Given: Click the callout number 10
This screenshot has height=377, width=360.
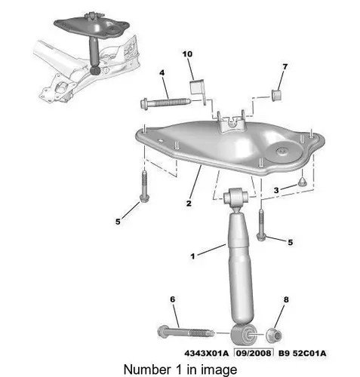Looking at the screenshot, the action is [x=187, y=54].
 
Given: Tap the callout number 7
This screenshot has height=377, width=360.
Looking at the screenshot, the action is [x=285, y=67].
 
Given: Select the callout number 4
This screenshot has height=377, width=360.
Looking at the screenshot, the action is [x=162, y=73].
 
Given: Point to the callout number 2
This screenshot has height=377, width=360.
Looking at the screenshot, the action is [x=189, y=204].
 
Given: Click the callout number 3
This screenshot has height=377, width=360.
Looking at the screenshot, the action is [x=276, y=190].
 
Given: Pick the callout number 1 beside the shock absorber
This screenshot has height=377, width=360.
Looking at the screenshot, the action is [x=192, y=256].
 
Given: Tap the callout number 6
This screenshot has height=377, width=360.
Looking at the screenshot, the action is [x=173, y=299].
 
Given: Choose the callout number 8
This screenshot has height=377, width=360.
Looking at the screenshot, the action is [x=286, y=299].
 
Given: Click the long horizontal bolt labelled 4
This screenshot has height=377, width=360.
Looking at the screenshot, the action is [x=165, y=103].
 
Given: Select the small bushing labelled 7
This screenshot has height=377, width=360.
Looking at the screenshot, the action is [x=277, y=94].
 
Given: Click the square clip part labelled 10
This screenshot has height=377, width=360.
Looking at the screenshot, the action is [x=198, y=90].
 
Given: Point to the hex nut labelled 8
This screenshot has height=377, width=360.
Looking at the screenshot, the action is [x=274, y=336].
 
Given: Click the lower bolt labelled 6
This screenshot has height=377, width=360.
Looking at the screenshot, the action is [x=186, y=333].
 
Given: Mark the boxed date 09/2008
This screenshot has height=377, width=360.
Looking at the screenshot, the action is [x=254, y=353].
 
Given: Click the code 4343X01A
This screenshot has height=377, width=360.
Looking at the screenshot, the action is [x=207, y=354].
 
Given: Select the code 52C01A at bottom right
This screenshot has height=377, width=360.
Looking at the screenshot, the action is [x=309, y=354].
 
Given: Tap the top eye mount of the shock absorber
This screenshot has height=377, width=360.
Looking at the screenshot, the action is [x=236, y=196].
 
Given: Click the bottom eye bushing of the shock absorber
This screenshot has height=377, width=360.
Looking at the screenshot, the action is [x=245, y=335].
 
